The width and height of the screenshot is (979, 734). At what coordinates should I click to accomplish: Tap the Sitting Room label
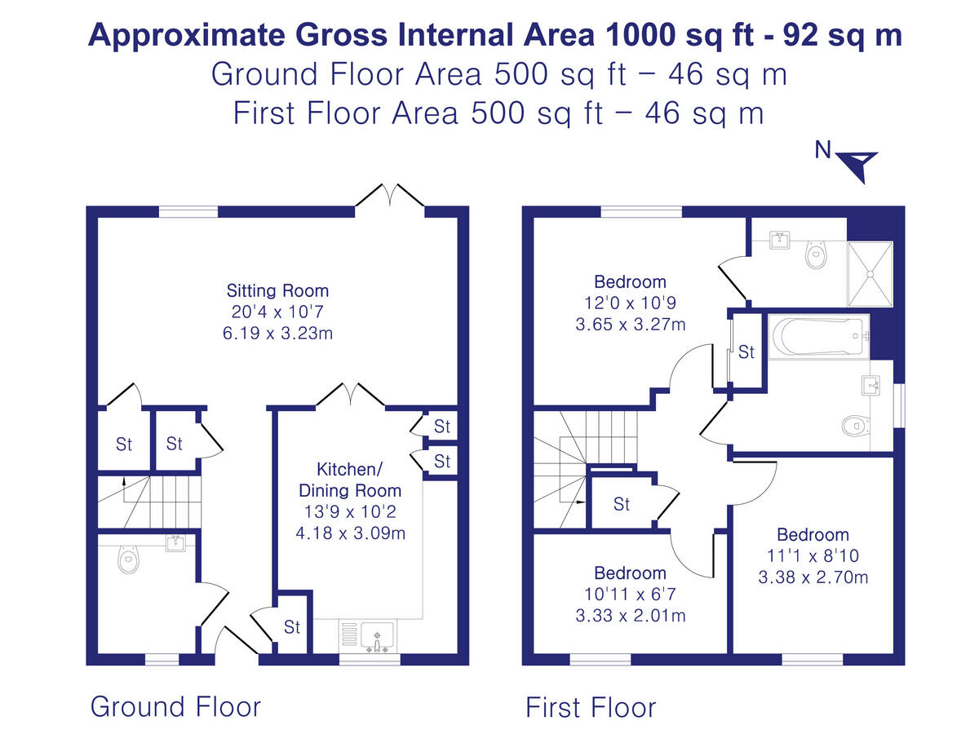pyautogui.click(x=277, y=290)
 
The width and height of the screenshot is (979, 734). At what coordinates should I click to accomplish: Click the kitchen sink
pyautogui.click(x=376, y=636)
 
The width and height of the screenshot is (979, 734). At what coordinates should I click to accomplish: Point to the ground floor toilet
pyautogui.click(x=126, y=559)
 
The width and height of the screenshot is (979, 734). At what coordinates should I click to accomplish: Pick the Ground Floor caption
pyautogui.click(x=175, y=706)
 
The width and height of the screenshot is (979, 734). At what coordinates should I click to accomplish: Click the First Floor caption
pyautogui.click(x=590, y=706)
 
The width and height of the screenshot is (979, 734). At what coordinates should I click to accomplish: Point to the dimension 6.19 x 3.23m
pyautogui.click(x=277, y=333)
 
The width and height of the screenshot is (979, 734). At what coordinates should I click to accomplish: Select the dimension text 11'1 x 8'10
pyautogui.click(x=813, y=556)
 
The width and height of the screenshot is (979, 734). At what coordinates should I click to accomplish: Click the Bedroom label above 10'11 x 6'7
pyautogui.click(x=630, y=573)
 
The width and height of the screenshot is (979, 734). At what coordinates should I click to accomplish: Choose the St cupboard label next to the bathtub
pyautogui.click(x=746, y=353)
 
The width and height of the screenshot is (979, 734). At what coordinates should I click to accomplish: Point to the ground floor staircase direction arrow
pyautogui.click(x=122, y=484)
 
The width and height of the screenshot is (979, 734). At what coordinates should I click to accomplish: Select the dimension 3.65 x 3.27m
pyautogui.click(x=630, y=324)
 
